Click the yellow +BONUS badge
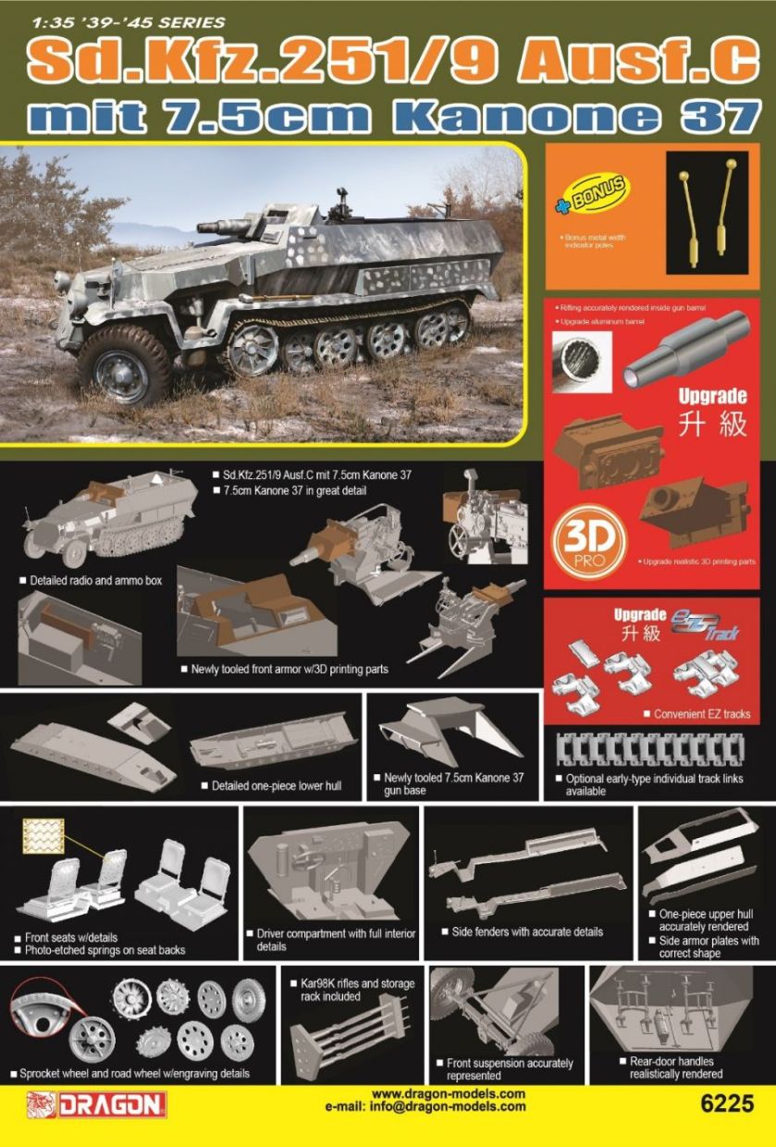point(592,195)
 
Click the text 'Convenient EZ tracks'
point(701,714)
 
